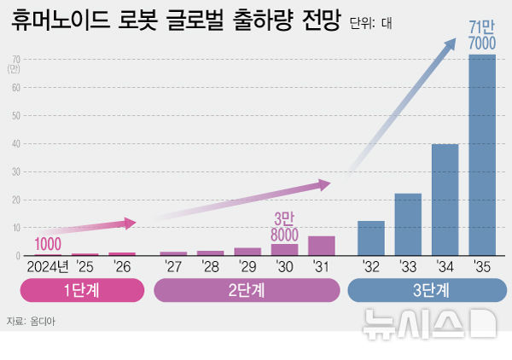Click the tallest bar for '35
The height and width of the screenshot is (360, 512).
(x=482, y=155)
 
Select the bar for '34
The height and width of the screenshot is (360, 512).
(x=445, y=200)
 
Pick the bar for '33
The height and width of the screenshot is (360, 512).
(x=408, y=224)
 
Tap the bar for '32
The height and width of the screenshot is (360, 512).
(x=371, y=239)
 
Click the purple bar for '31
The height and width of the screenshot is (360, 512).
(x=321, y=246)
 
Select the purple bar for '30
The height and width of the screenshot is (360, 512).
(x=284, y=250)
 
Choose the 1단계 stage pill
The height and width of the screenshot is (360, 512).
(x=82, y=290)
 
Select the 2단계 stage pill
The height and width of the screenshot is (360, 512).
(x=246, y=290)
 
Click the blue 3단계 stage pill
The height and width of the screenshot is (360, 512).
(x=426, y=290)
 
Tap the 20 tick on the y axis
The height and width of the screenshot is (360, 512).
(x=16, y=200)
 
